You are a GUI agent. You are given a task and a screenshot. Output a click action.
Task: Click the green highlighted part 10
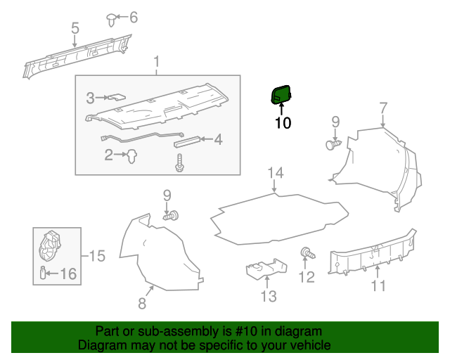point(281,94)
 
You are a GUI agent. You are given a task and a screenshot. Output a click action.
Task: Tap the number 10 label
point(282,124)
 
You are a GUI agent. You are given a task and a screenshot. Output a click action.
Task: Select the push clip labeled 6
point(112,18)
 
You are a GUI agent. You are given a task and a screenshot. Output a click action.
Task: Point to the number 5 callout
point(75,28)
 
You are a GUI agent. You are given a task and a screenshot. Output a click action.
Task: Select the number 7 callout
point(383,108)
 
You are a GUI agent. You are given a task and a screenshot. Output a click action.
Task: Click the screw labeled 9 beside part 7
point(333,144)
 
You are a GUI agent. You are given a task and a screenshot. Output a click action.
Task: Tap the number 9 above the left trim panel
point(167,194)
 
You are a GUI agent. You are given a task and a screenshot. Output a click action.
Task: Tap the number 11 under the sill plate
point(378,285)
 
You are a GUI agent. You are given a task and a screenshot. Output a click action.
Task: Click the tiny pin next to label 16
point(44,273)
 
